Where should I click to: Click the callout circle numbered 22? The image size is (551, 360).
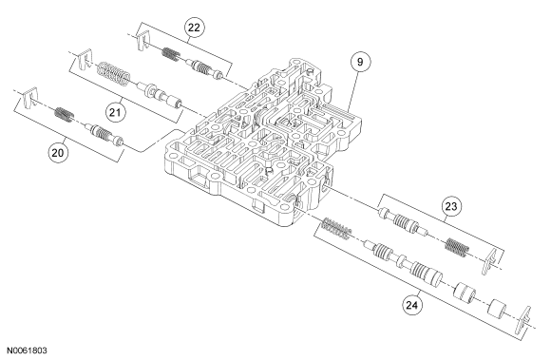194,28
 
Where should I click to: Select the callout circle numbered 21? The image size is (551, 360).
115,112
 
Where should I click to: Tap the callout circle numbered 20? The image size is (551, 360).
58,153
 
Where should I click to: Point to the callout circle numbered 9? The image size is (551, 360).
360,62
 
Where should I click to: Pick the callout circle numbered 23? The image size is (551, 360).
451,206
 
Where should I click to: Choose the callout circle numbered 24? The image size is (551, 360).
412,305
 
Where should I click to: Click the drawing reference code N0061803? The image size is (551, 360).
27,351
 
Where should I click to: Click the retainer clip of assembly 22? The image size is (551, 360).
142,40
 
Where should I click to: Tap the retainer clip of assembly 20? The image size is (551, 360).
30,97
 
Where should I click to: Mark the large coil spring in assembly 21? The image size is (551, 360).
113,74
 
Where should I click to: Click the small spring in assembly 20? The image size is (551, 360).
64,115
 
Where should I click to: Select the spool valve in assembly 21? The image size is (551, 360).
160,95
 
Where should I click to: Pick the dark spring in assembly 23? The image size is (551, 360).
457,247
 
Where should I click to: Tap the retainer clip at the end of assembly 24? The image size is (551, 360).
523,320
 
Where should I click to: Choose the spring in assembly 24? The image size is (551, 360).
336,229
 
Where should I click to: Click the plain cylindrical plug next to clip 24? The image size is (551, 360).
497,308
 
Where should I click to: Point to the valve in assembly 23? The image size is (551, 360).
403,221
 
